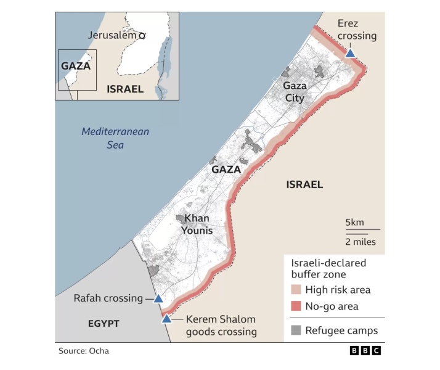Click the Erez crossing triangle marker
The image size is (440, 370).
350,53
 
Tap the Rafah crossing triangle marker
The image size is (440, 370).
158,298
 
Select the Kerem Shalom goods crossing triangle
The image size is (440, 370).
166,318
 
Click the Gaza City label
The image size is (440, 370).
295,92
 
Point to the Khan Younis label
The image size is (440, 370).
197,224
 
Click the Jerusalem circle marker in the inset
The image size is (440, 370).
142,36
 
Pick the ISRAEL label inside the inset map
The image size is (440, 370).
124,89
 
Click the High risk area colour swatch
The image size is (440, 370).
296,290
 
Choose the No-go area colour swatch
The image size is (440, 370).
296,306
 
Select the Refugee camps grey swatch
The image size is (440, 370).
296,331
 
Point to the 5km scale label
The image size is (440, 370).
354,222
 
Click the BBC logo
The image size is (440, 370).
365,351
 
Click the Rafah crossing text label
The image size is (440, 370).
108,298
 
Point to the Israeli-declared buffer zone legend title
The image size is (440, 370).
328,268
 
